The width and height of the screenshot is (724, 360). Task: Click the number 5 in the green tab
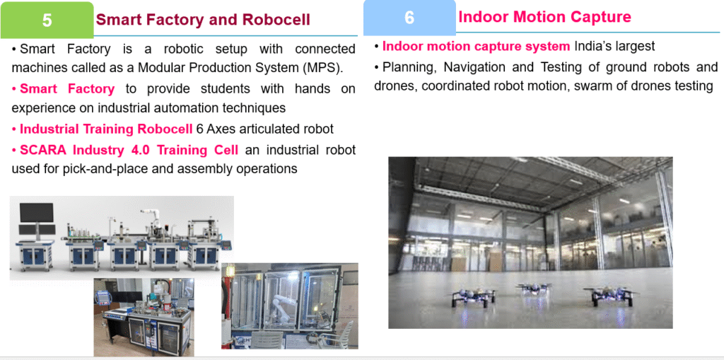(x=47, y=20)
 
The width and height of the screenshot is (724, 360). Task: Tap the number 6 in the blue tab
(x=409, y=18)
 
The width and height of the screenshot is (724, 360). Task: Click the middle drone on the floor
(x=535, y=289)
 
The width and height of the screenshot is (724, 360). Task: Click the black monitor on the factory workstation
(x=37, y=213)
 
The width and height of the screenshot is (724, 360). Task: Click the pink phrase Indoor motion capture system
(x=476, y=46)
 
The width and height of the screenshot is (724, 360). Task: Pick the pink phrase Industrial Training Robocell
(x=106, y=129)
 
